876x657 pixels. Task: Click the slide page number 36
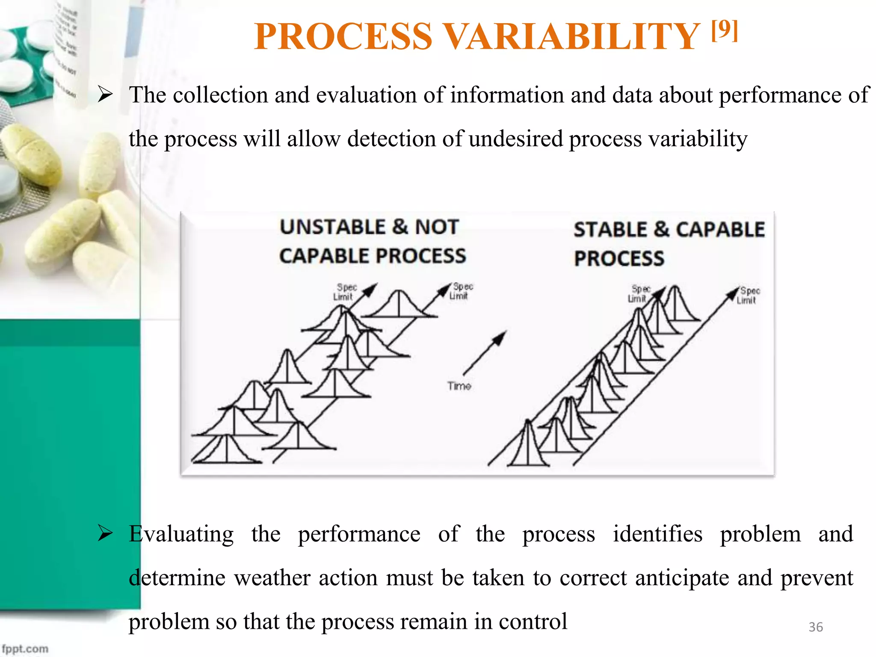tap(815, 627)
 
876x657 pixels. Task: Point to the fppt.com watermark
tap(25, 648)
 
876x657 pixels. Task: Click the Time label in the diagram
tap(459, 386)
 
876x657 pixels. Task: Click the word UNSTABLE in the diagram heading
tap(333, 227)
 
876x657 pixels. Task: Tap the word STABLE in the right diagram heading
tap(610, 230)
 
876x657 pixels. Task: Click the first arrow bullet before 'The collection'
tap(105, 94)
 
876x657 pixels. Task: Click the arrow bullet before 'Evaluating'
tap(105, 533)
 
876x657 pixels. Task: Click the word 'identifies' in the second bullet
tap(657, 534)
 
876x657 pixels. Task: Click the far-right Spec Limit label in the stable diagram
tap(748, 295)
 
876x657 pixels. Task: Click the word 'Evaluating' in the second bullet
tap(181, 534)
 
